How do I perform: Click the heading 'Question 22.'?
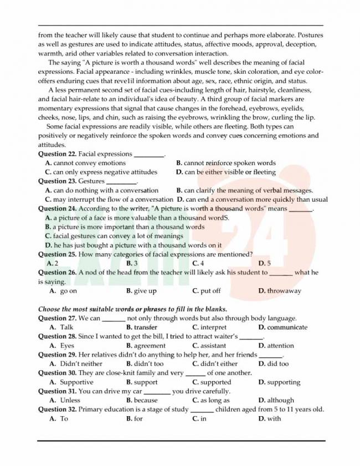(x=57, y=154)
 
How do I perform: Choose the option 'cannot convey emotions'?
(x=89, y=163)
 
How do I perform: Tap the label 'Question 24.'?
(x=57, y=209)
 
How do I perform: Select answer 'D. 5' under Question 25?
(x=264, y=263)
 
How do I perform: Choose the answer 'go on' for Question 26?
(x=68, y=291)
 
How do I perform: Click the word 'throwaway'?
(x=284, y=291)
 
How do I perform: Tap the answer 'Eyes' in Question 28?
(x=67, y=346)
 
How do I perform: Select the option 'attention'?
(x=280, y=346)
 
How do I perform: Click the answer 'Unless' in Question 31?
(x=70, y=401)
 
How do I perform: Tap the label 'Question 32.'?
(x=57, y=409)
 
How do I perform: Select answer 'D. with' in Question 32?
(x=270, y=419)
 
